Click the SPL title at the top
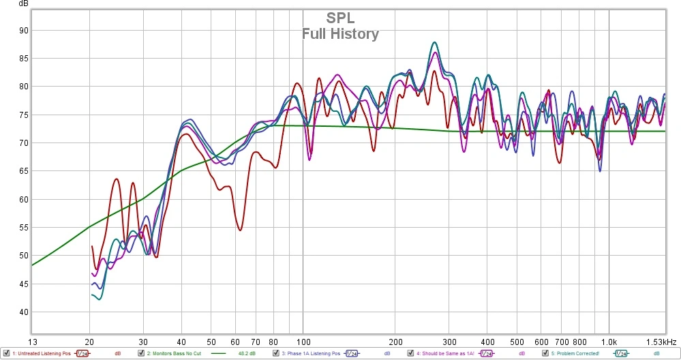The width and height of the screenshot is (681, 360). click(x=340, y=18)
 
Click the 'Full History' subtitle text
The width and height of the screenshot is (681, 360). click(x=340, y=33)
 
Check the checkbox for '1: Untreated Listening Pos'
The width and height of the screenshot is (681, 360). click(x=6, y=354)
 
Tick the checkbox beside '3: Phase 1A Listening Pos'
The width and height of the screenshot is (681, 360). click(x=276, y=354)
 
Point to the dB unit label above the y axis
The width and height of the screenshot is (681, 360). click(x=24, y=3)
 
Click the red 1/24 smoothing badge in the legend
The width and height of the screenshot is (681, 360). click(x=82, y=354)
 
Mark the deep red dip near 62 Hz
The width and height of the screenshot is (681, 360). click(x=241, y=229)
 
